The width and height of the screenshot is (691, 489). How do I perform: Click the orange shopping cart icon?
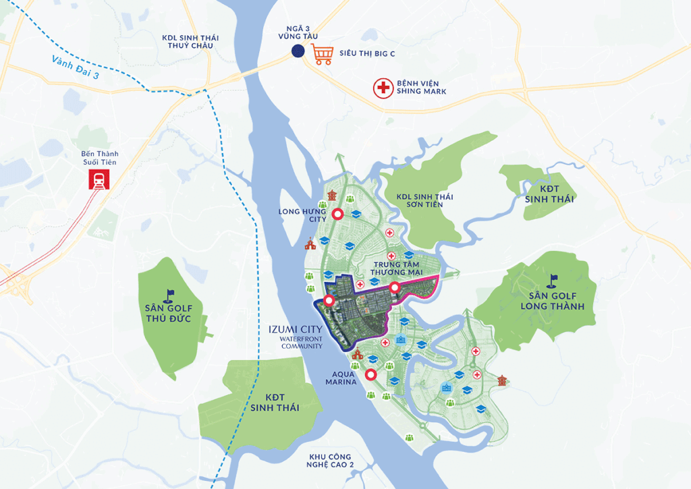[323, 53]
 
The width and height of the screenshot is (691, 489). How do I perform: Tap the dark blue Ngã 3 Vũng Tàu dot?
[298, 51]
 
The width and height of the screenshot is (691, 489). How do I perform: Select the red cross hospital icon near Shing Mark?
[383, 88]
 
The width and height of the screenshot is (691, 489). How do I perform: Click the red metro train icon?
[98, 179]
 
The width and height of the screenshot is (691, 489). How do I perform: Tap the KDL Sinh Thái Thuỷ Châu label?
[188, 42]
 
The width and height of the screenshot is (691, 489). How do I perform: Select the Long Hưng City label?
[302, 214]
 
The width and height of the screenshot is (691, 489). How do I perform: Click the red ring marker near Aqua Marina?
[370, 375]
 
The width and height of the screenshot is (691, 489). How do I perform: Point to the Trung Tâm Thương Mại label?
[396, 268]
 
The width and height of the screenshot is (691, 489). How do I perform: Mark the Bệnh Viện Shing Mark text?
[422, 87]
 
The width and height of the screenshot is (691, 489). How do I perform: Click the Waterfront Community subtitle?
[302, 343]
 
